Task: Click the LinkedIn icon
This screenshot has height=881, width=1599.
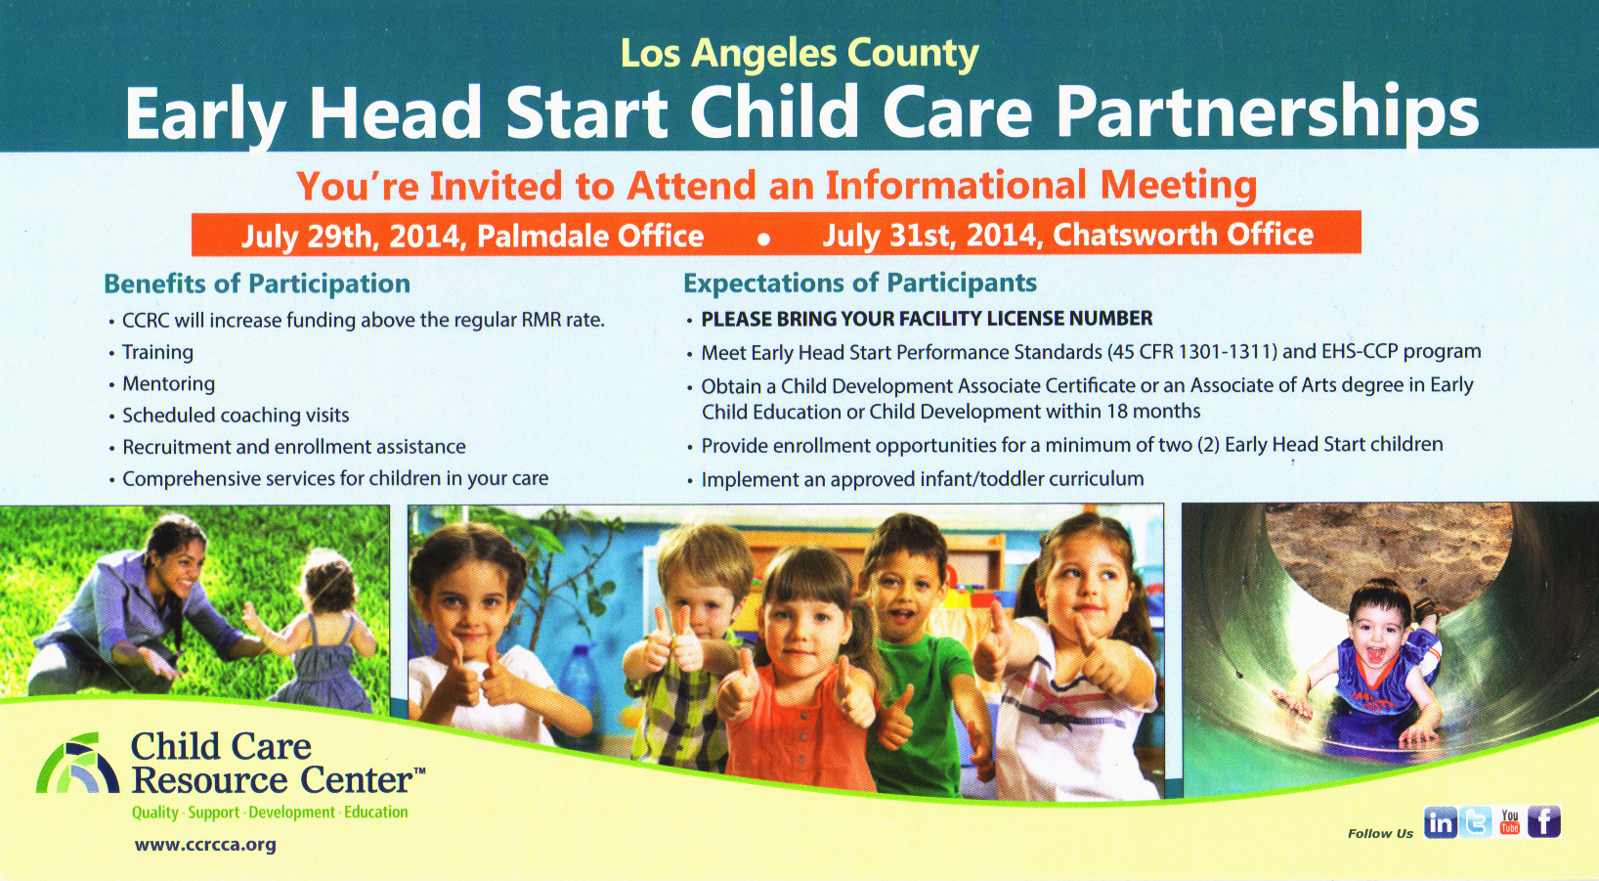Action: (x=1440, y=823)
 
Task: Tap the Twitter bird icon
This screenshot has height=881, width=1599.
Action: (x=1474, y=823)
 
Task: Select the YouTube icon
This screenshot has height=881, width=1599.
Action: (x=1509, y=823)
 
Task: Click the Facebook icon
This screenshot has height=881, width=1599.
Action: (x=1544, y=823)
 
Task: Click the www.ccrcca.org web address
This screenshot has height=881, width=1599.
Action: (x=205, y=845)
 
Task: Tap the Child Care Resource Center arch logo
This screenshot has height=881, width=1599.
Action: (x=77, y=763)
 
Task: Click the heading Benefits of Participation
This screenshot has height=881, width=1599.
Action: (x=257, y=285)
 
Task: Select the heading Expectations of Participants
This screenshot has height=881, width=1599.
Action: (x=860, y=284)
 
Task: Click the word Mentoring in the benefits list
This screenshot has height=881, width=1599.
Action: (x=168, y=384)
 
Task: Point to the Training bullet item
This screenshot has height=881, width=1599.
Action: (x=157, y=352)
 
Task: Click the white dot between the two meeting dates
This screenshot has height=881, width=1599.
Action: (x=763, y=240)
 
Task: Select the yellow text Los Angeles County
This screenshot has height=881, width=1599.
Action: (x=799, y=54)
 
